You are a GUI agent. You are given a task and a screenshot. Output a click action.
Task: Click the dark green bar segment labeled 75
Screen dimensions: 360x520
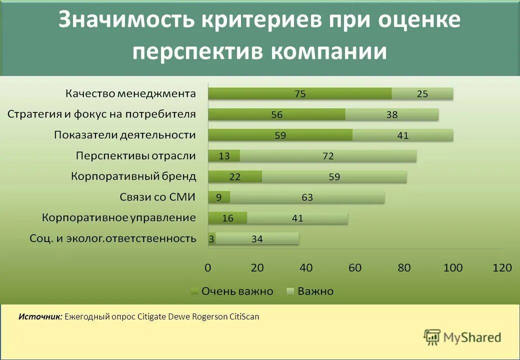299,93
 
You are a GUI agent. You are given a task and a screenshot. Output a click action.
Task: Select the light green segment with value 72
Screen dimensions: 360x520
328,156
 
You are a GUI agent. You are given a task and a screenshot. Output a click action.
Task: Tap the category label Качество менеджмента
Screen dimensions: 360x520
130,93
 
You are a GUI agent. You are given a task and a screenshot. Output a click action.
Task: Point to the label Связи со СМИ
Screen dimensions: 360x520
157,197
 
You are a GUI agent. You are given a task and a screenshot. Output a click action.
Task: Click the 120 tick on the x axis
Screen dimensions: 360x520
502,268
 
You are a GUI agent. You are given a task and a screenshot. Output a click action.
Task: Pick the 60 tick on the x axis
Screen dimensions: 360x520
355,268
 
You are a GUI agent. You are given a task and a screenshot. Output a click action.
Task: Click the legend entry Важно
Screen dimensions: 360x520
315,291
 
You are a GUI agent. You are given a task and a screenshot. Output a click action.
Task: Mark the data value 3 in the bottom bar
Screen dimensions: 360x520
211,239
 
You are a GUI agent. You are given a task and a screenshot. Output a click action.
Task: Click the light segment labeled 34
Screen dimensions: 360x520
257,239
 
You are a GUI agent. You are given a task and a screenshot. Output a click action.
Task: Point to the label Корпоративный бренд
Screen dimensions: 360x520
133,176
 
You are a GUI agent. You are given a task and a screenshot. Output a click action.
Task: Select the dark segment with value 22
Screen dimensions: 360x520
234,176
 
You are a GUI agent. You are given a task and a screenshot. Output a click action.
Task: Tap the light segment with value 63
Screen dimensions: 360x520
307,197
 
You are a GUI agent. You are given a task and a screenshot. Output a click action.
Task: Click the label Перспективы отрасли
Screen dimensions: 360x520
135,156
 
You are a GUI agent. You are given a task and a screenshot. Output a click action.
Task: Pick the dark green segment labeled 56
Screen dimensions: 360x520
276,114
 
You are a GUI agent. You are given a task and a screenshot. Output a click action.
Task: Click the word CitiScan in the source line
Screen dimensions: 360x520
244,316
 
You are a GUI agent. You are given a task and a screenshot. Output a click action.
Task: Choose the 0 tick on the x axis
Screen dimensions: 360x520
208,268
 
